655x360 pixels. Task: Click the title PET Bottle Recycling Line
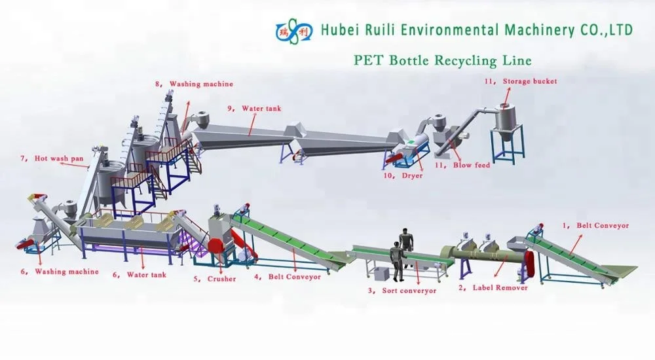tap(442, 60)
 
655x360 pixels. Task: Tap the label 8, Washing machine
tap(193, 84)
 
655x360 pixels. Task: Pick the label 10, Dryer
tap(403, 175)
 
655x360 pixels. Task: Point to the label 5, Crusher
tap(214, 279)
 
